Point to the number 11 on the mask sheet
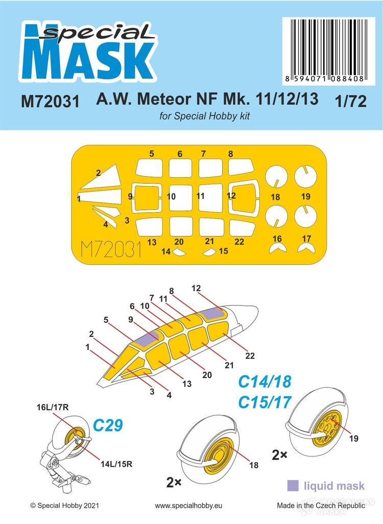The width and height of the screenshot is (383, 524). point(200,196)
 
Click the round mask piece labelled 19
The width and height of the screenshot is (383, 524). point(306,177)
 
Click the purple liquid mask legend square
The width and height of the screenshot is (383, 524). point(294,484)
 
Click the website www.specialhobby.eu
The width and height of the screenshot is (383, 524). point(191,505)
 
